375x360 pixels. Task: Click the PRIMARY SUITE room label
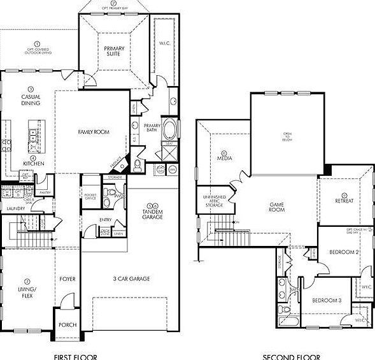pyautogui.click(x=114, y=52)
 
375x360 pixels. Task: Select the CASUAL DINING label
pyautogui.click(x=30, y=100)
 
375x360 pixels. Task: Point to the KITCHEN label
pyautogui.click(x=33, y=164)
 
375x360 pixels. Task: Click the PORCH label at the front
pyautogui.click(x=67, y=325)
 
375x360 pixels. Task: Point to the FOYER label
pyautogui.click(x=67, y=278)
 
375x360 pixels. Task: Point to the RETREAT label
pyautogui.click(x=344, y=201)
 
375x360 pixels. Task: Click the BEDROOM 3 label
pyautogui.click(x=326, y=300)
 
